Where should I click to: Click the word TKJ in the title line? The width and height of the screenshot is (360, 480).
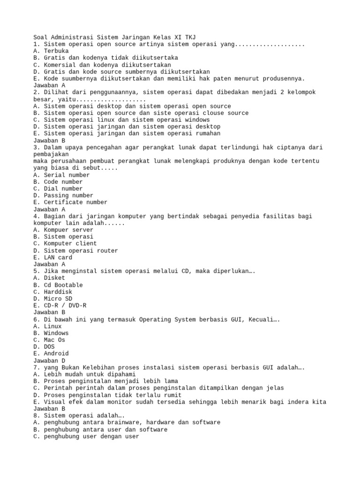pyautogui.click(x=189, y=37)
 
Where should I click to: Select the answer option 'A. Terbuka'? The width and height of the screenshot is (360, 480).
pyautogui.click(x=51, y=51)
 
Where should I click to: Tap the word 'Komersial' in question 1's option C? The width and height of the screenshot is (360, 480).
pyautogui.click(x=60, y=65)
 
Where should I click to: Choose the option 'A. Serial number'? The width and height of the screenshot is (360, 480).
pyautogui.click(x=61, y=175)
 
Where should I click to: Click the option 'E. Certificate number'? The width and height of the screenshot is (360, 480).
pyautogui.click(x=70, y=202)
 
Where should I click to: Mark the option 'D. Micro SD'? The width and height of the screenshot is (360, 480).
pyautogui.click(x=54, y=299)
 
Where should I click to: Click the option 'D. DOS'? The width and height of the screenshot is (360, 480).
pyautogui.click(x=44, y=347)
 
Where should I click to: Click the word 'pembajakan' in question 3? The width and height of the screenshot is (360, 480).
pyautogui.click(x=51, y=154)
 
